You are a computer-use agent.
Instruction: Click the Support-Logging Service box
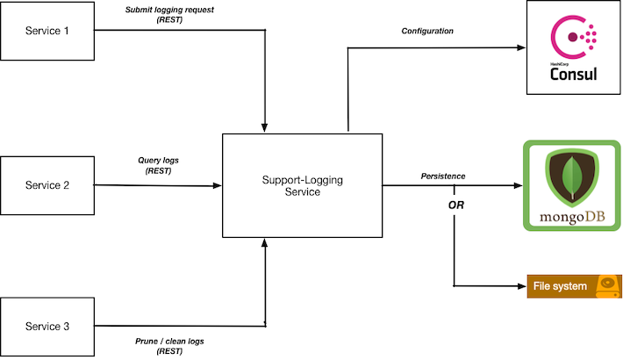tap(302, 185)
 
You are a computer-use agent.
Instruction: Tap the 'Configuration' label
tap(427, 32)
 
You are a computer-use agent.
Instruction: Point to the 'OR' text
tap(455, 205)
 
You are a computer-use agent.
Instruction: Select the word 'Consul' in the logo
tap(573, 74)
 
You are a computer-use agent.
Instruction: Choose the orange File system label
tap(560, 286)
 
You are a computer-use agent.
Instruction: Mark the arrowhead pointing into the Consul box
tap(519, 47)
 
